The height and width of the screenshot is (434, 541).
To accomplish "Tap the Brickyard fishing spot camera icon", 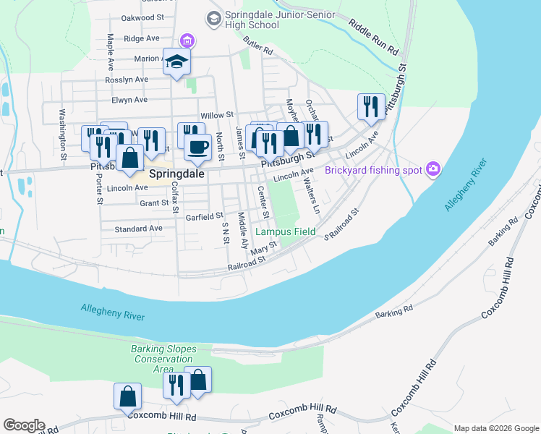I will pos(433,169).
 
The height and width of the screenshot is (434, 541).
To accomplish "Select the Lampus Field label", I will pos(286,231).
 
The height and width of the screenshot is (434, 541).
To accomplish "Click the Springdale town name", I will pos(176,174).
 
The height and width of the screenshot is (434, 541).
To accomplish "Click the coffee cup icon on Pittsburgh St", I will pos(197,148).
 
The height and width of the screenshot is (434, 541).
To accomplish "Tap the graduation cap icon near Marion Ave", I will pos(176,62).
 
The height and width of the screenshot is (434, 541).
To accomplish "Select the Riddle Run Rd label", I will pos(373,38).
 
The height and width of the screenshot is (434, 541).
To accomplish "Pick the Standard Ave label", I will pos(138,229).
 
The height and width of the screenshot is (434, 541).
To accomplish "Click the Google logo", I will pos(24,425).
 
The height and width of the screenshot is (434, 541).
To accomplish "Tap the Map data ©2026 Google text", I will pos(495,427).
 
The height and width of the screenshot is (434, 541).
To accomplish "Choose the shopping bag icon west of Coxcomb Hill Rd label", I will pos(127,396).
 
